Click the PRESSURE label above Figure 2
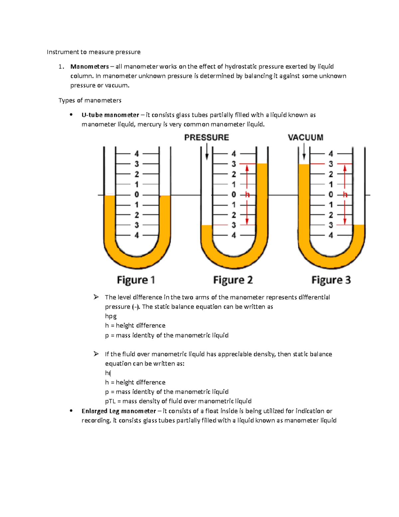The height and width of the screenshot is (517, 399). click(x=206, y=137)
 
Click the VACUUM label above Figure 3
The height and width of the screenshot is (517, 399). click(x=305, y=137)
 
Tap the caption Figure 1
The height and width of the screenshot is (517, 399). click(x=136, y=280)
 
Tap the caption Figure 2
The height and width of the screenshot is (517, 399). click(x=233, y=280)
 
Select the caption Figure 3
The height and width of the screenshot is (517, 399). click(x=331, y=280)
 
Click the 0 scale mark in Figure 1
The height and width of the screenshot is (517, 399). click(x=137, y=195)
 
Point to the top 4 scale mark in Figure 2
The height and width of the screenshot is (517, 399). click(x=234, y=154)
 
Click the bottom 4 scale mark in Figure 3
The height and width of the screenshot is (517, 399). click(x=331, y=235)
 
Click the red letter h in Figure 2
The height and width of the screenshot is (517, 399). click(x=247, y=195)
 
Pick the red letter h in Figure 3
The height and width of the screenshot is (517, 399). click(x=345, y=195)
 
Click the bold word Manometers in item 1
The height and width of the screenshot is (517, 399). click(x=89, y=67)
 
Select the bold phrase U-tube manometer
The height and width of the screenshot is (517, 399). click(x=110, y=115)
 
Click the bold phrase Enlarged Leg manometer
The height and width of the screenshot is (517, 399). click(x=119, y=411)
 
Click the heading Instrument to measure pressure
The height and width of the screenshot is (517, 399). click(x=93, y=52)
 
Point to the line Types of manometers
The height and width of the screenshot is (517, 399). click(x=90, y=100)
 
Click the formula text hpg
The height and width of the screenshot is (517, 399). click(x=111, y=316)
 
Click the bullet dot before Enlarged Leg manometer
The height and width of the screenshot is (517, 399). click(x=71, y=411)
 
